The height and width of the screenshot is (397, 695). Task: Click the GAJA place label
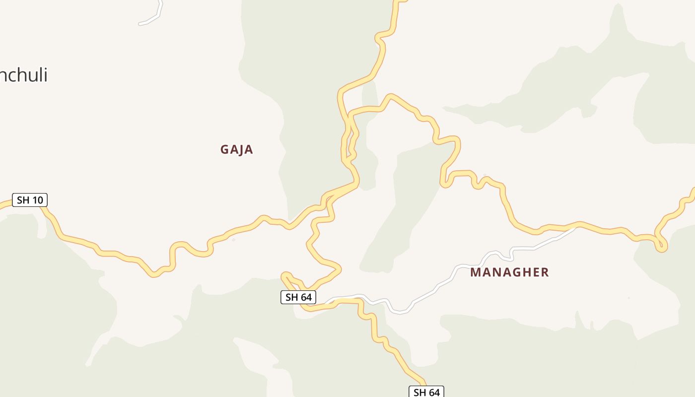237,149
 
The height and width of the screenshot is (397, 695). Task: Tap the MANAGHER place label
509,272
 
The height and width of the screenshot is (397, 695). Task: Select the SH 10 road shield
30,200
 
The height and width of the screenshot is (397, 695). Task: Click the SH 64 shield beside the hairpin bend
298,297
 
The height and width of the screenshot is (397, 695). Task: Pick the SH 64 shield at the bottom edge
426,392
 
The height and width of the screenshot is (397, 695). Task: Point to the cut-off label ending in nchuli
23,75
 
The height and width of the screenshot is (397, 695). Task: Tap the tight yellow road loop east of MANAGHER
661,244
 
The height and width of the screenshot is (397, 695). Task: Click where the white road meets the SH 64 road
329,301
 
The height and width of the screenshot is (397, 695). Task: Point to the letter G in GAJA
224,149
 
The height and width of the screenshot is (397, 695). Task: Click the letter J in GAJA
241,149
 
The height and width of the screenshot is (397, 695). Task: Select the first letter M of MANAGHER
475,272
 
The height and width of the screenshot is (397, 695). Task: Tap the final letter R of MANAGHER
545,272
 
